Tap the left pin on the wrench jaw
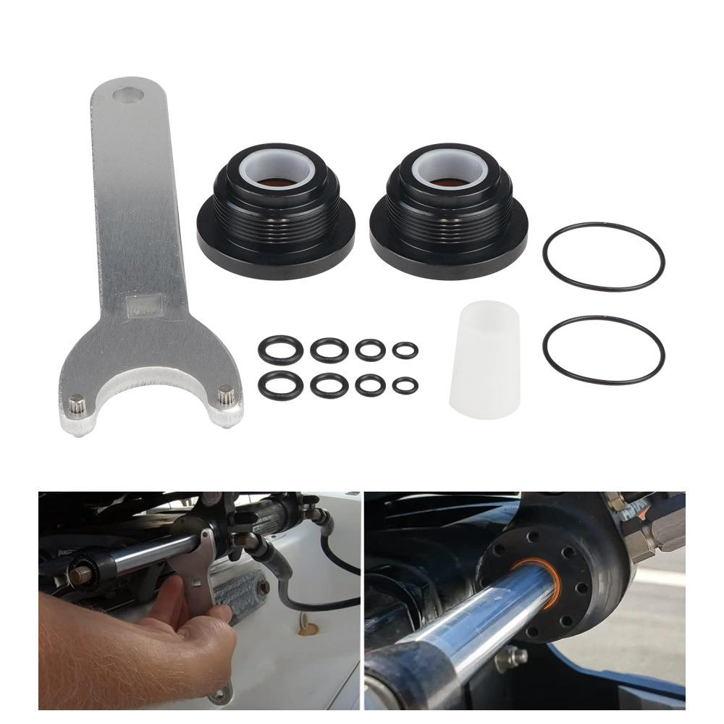point(75,401)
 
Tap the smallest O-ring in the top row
point(405,350)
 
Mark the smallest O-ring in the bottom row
point(405,384)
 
